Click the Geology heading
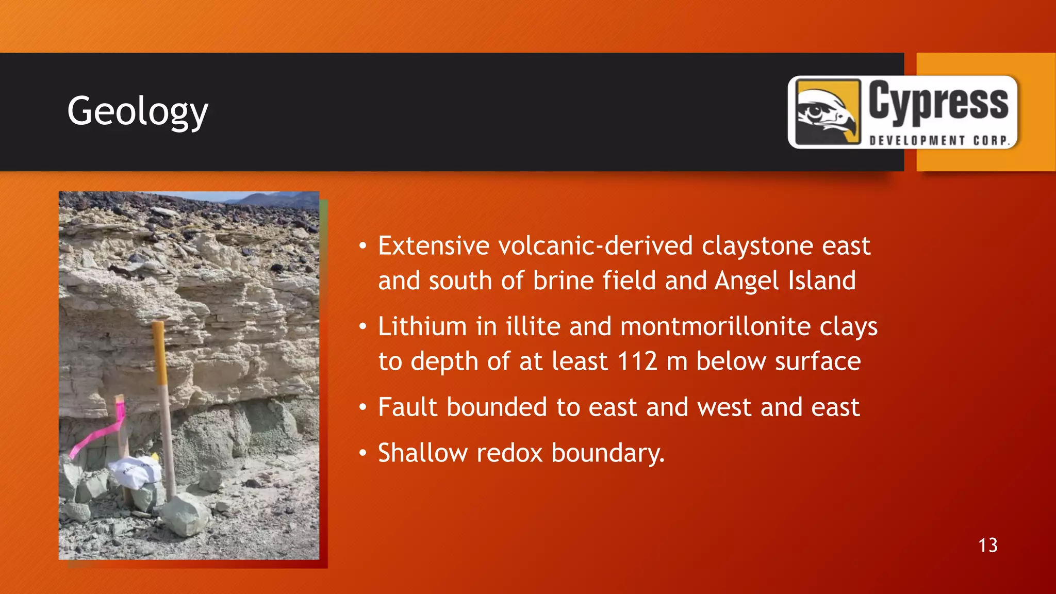coord(138,111)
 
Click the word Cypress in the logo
coord(938,102)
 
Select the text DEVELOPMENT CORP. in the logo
coord(939,141)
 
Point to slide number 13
coord(987,546)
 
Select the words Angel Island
coord(785,281)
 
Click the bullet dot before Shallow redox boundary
coord(363,453)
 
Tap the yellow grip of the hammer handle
coord(159,353)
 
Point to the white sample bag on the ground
coord(136,472)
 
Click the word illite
coord(533,327)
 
